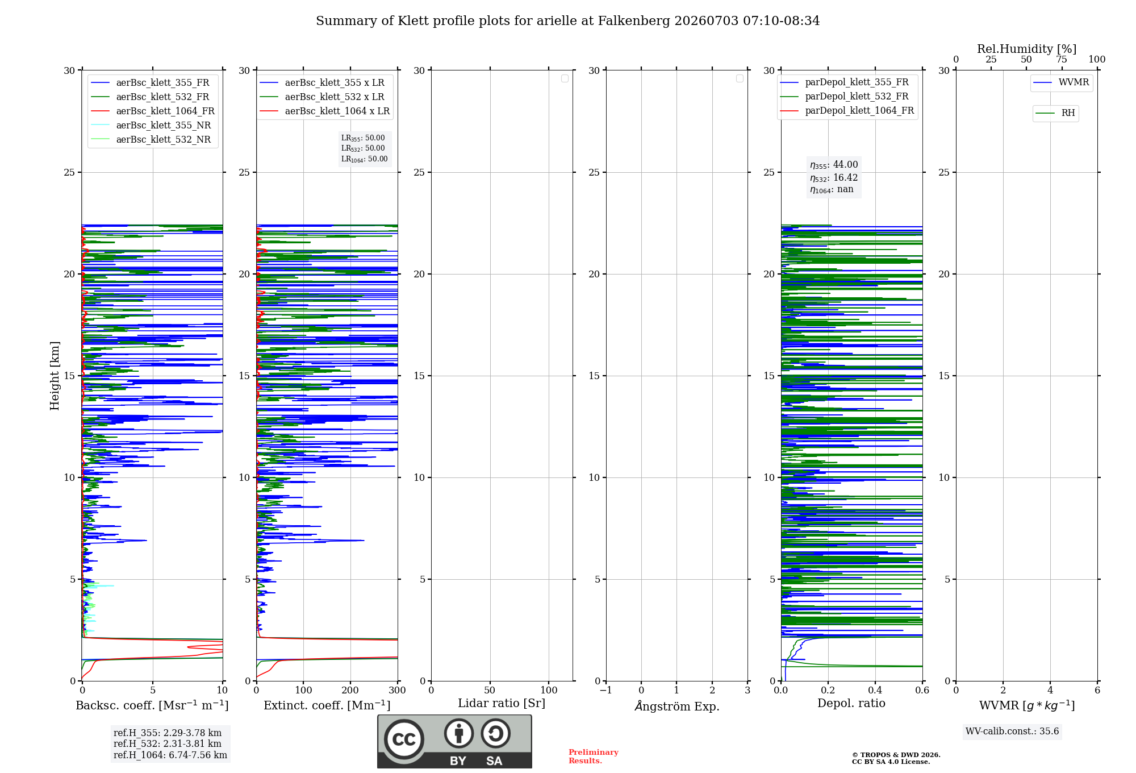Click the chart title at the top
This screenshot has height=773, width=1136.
point(567,21)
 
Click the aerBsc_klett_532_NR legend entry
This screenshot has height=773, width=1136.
point(151,140)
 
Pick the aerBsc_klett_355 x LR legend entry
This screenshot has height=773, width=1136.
point(322,83)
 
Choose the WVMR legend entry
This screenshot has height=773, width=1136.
point(1061,82)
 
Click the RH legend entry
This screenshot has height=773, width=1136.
point(1055,113)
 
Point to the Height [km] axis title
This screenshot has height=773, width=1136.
point(55,376)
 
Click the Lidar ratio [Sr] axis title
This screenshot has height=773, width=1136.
point(502,704)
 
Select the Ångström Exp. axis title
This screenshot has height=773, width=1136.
point(677,706)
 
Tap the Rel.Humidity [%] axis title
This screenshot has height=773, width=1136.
point(1026,49)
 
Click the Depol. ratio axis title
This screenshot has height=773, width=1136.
point(851,704)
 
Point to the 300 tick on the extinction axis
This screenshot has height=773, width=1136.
point(398,691)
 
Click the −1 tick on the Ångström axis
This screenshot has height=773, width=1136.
point(606,691)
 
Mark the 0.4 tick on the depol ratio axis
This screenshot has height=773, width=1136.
point(875,691)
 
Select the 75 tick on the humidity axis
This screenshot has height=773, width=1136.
point(1062,60)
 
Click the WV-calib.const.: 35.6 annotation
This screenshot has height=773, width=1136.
point(1012,732)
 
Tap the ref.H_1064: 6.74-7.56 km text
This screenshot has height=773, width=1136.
point(170,755)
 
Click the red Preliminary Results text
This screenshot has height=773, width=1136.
point(594,757)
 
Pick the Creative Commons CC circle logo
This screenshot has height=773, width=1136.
point(404,739)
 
